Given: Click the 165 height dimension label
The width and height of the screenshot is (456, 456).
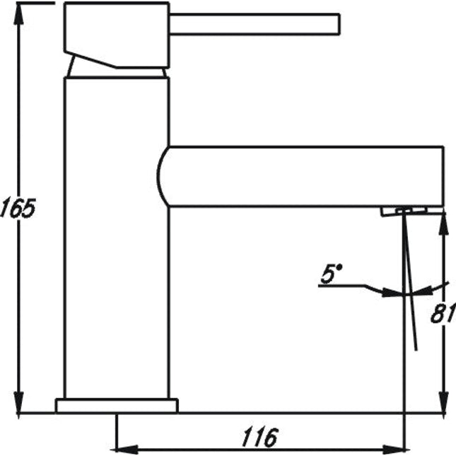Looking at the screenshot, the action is click(18, 208).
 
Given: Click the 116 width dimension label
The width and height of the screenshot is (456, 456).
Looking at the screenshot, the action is click(260, 437).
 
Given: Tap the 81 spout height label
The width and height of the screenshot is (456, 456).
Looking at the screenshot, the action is click(443, 313).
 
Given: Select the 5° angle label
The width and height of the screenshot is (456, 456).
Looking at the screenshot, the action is click(332, 274).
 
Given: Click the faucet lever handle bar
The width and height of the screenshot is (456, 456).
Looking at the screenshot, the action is click(255, 24).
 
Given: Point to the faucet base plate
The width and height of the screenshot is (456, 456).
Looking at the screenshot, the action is click(117, 406).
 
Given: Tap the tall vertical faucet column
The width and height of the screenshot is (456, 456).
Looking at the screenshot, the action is click(117, 238).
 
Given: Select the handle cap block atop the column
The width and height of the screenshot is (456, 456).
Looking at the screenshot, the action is click(117, 35).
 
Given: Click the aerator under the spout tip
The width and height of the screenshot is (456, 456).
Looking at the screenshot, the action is click(404, 211).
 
